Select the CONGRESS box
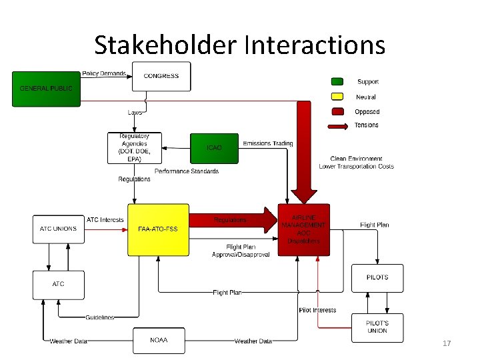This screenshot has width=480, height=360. click(161, 77)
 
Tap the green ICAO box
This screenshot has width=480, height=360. click(214, 147)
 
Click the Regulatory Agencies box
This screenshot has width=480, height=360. click(135, 148)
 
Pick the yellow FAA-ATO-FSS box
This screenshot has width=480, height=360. click(158, 229)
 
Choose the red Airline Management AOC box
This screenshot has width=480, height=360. click(304, 229)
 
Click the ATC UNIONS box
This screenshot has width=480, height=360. click(58, 229)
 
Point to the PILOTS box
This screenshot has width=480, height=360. click(377, 277)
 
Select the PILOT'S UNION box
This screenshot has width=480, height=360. click(377, 327)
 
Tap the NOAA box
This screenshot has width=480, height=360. click(159, 340)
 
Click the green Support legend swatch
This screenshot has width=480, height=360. click(338, 81)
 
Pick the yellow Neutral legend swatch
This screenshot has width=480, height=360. click(338, 97)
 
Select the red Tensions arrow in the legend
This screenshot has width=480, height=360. click(338, 125)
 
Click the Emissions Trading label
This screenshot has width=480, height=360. click(268, 143)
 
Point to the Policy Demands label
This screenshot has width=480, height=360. click(104, 73)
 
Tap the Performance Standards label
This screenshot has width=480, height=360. click(187, 171)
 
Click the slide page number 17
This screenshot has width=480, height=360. click(447, 343)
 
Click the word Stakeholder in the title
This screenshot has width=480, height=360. click(166, 45)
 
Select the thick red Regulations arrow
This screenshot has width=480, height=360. click(233, 219)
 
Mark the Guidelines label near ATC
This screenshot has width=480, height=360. click(99, 317)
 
